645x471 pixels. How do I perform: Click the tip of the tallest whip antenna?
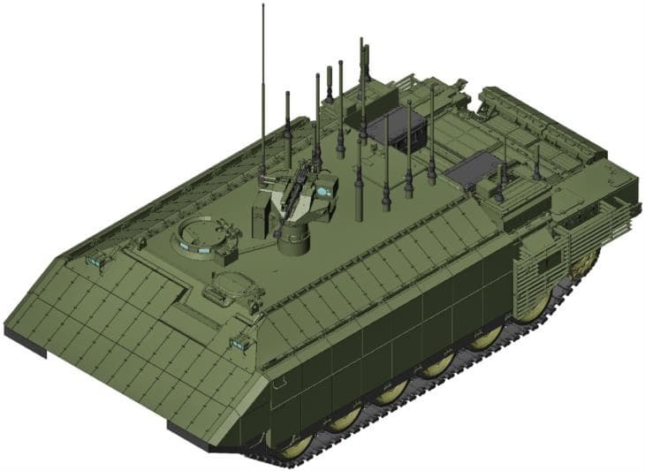[262, 6]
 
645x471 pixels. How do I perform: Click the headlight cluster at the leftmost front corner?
[91, 261]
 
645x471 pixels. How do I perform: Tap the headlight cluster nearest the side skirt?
[237, 343]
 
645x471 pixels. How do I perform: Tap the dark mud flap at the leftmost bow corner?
[24, 340]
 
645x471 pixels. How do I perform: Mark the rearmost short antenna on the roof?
[536, 163]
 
